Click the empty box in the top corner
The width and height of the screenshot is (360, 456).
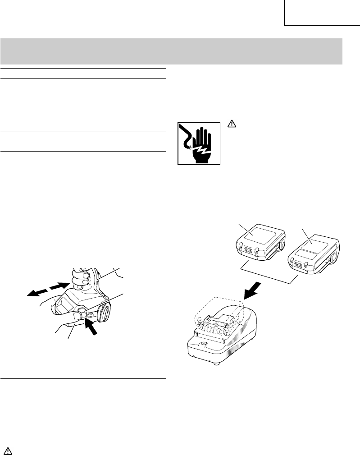(322, 13)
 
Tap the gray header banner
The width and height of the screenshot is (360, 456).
(171, 51)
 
